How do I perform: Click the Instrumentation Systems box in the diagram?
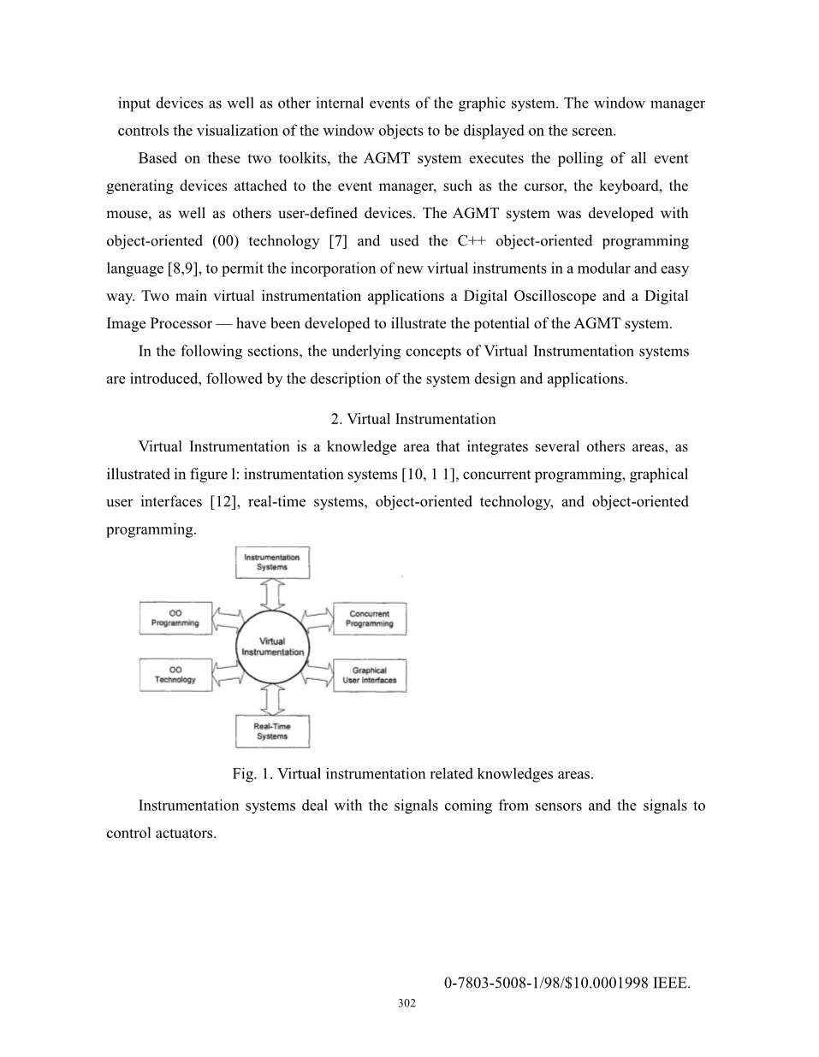(272, 563)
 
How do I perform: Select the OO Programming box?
(175, 618)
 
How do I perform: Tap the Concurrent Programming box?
(370, 618)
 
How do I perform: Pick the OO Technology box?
(175, 675)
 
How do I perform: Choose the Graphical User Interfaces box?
(370, 675)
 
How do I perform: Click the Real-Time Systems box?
(272, 731)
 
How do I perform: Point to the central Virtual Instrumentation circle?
(272, 647)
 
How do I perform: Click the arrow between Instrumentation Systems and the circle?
(272, 593)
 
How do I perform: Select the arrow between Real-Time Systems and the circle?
(272, 700)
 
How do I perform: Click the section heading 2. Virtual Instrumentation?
(412, 419)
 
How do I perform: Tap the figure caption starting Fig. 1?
(412, 774)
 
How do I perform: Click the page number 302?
(407, 1003)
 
